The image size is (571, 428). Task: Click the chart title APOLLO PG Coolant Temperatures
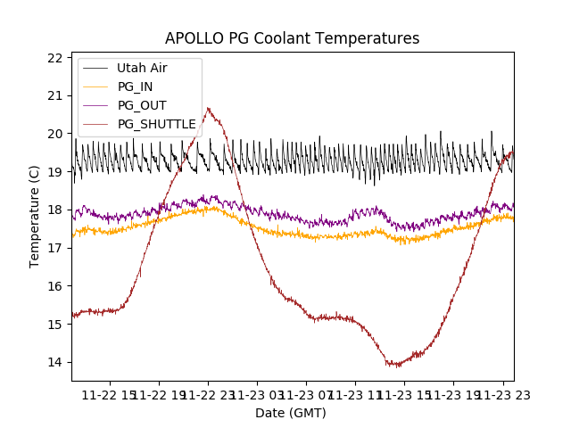(x=292, y=39)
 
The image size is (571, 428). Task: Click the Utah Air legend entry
(x=141, y=68)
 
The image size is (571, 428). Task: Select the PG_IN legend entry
(x=136, y=86)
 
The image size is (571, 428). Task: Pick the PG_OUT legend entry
(x=142, y=105)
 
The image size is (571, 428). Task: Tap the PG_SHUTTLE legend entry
(x=156, y=124)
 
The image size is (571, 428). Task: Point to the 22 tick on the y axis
(x=55, y=58)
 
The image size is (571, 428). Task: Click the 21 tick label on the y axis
(x=55, y=96)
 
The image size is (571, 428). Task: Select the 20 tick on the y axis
(x=55, y=134)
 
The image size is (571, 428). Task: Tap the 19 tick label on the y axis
(x=55, y=172)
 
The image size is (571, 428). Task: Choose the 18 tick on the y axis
(x=55, y=210)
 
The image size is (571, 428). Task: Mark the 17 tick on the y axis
(x=55, y=248)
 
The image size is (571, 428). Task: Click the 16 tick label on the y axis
(x=55, y=286)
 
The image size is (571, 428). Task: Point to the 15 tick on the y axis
(x=55, y=325)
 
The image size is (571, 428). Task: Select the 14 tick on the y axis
(x=55, y=362)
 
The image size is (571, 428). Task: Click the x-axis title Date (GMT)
(x=291, y=413)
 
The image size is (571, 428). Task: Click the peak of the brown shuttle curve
(x=208, y=109)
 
